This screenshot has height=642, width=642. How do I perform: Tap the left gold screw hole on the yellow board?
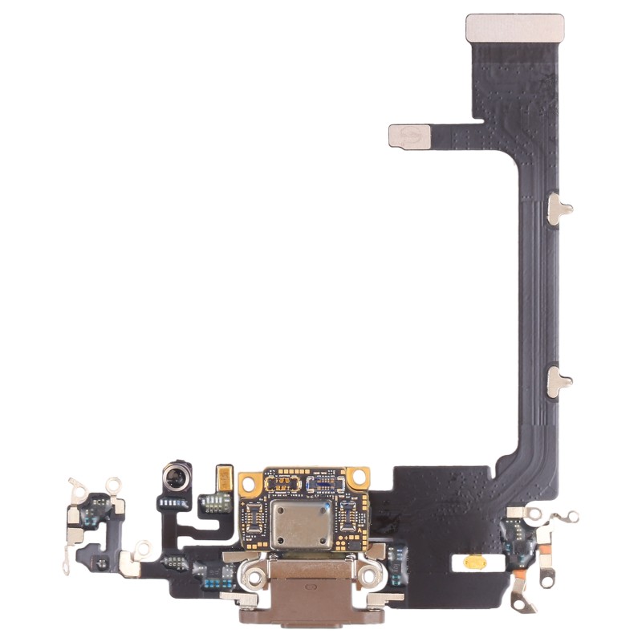pyautogui.click(x=248, y=482)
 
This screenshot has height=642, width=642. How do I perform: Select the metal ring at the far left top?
pyautogui.click(x=78, y=483)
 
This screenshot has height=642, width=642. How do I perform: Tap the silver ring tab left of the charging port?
pyautogui.click(x=143, y=549)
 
